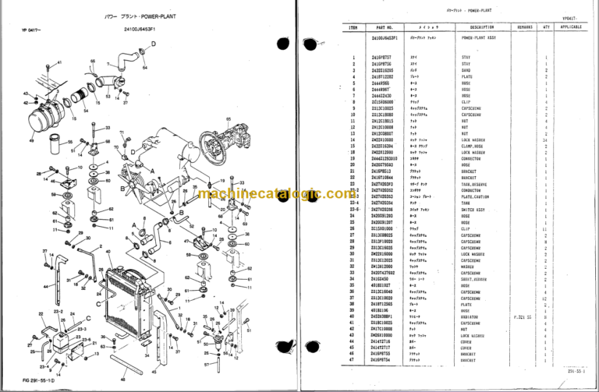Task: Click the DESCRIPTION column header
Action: pos(477,26)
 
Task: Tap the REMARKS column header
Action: pos(523,26)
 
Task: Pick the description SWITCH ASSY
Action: pos(474,210)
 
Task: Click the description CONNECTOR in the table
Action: pos(473,158)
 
